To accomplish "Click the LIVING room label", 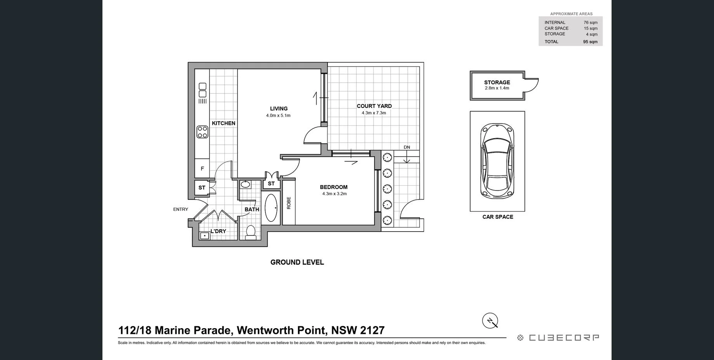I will pyautogui.click(x=279, y=109).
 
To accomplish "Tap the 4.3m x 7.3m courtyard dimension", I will pyautogui.click(x=374, y=113).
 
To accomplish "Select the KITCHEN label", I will pyautogui.click(x=224, y=123).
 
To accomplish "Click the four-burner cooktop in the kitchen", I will pyautogui.click(x=202, y=132).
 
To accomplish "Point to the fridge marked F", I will pyautogui.click(x=202, y=169).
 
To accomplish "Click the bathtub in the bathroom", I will pyautogui.click(x=271, y=208).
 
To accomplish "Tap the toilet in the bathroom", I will pyautogui.click(x=251, y=232).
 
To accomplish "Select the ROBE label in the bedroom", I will pyautogui.click(x=289, y=203).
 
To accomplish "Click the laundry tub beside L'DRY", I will pyautogui.click(x=204, y=235).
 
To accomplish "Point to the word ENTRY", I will pyautogui.click(x=180, y=209).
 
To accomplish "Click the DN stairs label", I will pyautogui.click(x=407, y=147).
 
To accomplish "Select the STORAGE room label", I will pyautogui.click(x=497, y=82).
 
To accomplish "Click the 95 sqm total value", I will pyautogui.click(x=590, y=42).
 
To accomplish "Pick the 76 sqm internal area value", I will pyautogui.click(x=590, y=22).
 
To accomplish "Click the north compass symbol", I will pyautogui.click(x=490, y=321).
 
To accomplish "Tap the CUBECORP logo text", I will pyautogui.click(x=563, y=338).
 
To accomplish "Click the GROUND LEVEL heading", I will pyautogui.click(x=297, y=262).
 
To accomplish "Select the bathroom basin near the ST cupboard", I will pyautogui.click(x=245, y=184).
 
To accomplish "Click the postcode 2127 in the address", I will pyautogui.click(x=372, y=331).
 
